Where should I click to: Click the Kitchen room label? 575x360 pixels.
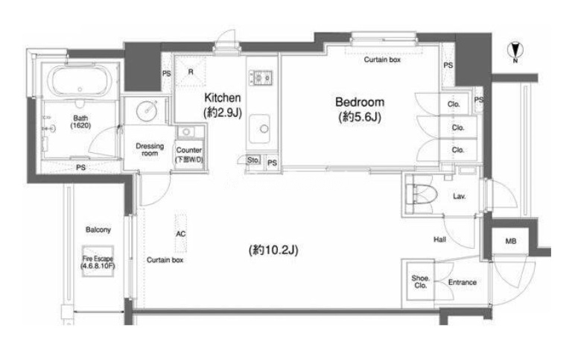pos(223,98)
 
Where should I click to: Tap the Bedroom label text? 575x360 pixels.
pos(360,101)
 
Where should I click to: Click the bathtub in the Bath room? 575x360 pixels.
pos(80,81)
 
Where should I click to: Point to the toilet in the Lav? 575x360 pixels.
pos(422,193)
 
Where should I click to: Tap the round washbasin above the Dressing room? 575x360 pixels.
pos(147,110)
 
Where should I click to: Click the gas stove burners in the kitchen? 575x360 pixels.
pos(261,78)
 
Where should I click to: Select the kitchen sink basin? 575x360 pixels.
pos(260,128)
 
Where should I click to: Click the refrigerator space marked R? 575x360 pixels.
pos(190,72)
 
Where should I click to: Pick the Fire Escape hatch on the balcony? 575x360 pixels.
pos(98,261)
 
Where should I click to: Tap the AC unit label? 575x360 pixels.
pos(181,234)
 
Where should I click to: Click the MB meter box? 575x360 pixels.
pos(510,241)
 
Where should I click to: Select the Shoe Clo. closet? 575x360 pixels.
pos(420,282)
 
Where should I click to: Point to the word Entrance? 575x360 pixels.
pos(463,282)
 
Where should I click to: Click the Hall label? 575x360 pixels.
pos(439,240)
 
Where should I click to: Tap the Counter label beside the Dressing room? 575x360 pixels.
pos(189,150)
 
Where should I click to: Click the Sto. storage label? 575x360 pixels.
pos(252,160)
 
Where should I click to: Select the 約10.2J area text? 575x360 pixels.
pos(273,250)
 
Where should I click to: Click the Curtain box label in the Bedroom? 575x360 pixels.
pos(382,60)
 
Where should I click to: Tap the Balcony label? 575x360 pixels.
pos(98,230)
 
